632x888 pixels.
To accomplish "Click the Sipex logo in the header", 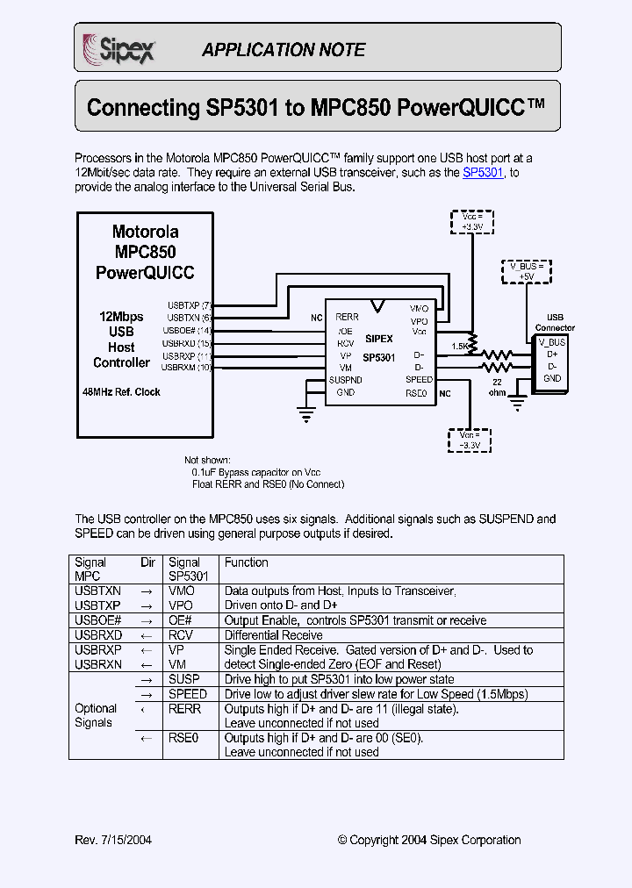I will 118,47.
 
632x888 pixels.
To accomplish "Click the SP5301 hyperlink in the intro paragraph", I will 483,173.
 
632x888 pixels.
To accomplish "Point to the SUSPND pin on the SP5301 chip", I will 345,380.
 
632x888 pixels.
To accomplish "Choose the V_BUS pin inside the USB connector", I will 551,340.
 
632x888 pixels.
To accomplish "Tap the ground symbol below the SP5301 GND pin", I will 305,410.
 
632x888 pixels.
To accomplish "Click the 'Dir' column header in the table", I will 148,562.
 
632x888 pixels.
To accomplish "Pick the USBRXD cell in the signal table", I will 98,635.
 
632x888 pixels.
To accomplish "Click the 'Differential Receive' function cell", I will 273,635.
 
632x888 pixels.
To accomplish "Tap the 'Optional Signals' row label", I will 95,716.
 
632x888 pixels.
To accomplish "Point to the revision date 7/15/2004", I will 126,840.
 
